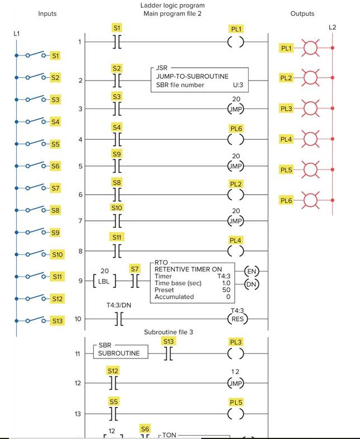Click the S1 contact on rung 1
[x=117, y=42]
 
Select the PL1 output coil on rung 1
[x=236, y=42]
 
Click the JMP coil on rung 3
[x=236, y=109]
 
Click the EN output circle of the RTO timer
[x=252, y=272]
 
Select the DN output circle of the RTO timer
[x=252, y=285]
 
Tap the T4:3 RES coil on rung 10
[x=237, y=319]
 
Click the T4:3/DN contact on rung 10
[x=117, y=319]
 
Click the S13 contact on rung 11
[x=168, y=353]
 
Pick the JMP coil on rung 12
[x=236, y=384]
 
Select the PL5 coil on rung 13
[x=236, y=414]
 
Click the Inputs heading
[x=47, y=13]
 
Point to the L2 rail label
[x=332, y=27]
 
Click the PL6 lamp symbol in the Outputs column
[x=310, y=200]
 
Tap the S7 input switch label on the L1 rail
[x=55, y=188]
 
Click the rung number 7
[x=79, y=221]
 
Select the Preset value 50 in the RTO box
[x=226, y=290]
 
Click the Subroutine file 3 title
[x=168, y=332]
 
